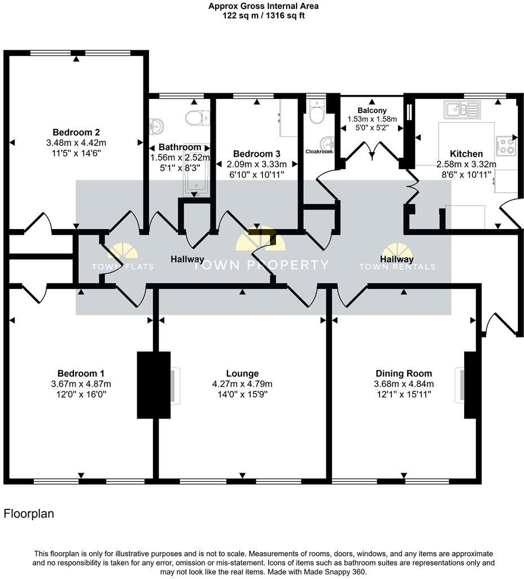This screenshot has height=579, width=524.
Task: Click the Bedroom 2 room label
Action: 76,133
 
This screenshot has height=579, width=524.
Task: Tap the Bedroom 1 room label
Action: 81,373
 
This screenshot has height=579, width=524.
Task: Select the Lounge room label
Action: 242,373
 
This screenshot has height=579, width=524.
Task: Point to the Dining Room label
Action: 404,373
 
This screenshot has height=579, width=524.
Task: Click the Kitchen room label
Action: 466,154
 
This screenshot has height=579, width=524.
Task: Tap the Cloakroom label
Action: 320,152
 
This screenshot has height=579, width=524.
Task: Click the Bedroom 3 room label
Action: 257,154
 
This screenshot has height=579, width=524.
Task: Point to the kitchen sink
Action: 461,109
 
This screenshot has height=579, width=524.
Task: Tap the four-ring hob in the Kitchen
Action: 505,146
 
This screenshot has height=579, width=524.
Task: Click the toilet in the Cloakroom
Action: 316,114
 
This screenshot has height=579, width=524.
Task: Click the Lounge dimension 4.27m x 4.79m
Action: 242,384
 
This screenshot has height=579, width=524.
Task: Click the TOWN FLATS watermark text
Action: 122,266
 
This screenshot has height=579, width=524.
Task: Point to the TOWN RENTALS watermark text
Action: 398,266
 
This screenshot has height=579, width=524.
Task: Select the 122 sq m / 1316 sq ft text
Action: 263,16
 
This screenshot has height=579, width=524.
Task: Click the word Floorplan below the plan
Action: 29,514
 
